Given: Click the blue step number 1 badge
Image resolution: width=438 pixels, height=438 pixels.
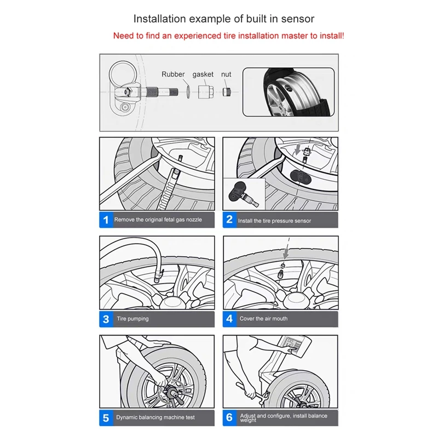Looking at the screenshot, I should point(106,220).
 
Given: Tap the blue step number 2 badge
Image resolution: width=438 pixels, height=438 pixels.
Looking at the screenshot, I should point(229,220).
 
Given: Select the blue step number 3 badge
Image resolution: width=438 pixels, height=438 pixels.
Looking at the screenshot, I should point(106,319).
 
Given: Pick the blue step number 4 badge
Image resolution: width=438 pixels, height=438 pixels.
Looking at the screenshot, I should point(229,319).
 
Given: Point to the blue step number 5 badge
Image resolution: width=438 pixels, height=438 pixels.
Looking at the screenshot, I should point(106,418).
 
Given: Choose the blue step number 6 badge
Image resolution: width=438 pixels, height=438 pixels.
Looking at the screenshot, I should point(229,418).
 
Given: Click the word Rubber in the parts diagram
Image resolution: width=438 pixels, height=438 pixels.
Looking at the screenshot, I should point(173,74).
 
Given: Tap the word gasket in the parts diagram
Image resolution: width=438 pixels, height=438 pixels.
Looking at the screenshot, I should point(203,74).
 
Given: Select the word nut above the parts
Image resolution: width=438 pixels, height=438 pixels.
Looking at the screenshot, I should point(226,74).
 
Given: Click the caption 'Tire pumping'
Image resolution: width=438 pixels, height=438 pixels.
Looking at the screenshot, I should point(132,319).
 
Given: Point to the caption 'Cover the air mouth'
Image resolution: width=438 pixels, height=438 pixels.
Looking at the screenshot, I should point(263,319).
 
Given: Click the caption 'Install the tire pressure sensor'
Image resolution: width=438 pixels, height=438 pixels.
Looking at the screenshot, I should point(274,221).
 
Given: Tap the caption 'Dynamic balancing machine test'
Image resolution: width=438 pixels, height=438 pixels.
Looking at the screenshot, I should point(155,418).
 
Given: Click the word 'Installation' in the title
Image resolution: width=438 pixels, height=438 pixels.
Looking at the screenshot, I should point(159,19).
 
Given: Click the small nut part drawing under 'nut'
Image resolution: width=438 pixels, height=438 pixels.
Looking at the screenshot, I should point(226,90).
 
